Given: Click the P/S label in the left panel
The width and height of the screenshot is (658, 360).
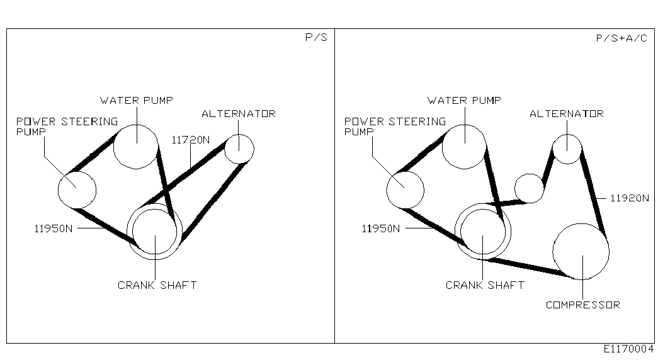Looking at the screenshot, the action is pyautogui.click(x=316, y=37).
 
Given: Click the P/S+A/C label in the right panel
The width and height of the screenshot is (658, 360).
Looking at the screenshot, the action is pyautogui.click(x=621, y=38).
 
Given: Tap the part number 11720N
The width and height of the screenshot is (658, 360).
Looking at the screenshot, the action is pyautogui.click(x=191, y=140).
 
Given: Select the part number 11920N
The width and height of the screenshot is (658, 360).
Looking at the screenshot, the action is pyautogui.click(x=629, y=198).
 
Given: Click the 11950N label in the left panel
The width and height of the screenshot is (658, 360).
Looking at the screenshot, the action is pyautogui.click(x=54, y=228).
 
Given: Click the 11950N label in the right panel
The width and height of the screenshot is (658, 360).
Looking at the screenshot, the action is pyautogui.click(x=380, y=228).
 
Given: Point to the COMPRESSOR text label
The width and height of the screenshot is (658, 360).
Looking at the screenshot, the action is pyautogui.click(x=583, y=305).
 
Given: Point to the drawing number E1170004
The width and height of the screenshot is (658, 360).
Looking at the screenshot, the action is pyautogui.click(x=628, y=349).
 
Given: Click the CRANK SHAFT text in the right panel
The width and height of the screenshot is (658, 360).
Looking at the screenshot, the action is pyautogui.click(x=485, y=285).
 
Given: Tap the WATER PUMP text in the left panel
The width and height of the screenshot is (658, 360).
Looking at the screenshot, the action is pyautogui.click(x=137, y=101).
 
